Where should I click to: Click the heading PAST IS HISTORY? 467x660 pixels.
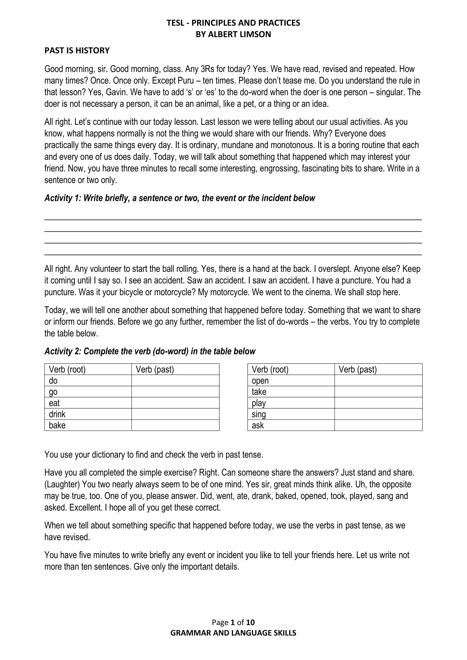(x=77, y=51)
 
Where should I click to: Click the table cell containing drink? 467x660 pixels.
(x=88, y=414)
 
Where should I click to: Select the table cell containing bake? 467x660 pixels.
(x=88, y=425)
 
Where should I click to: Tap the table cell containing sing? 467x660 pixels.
(x=291, y=414)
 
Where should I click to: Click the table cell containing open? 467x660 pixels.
(x=291, y=380)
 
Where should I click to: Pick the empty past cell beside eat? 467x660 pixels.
(x=175, y=403)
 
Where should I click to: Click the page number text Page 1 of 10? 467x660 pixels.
(x=233, y=622)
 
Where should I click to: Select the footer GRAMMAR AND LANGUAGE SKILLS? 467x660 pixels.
(x=233, y=633)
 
